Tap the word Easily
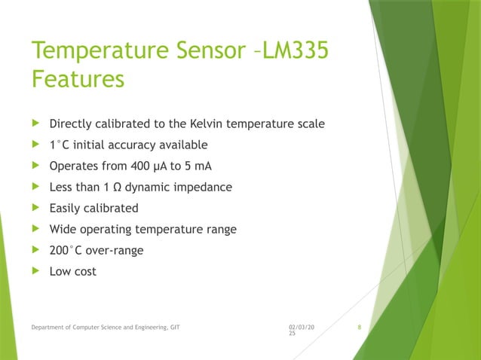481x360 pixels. coord(66,208)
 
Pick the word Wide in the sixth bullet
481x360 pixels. coord(63,229)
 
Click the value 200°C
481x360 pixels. coord(68,250)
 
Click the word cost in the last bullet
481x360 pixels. coord(85,271)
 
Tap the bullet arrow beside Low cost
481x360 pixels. coord(34,271)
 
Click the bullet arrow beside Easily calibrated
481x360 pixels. coord(34,208)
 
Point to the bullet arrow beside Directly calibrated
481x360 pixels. coord(34,124)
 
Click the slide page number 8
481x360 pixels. coord(360,327)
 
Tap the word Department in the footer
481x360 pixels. coord(47,327)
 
